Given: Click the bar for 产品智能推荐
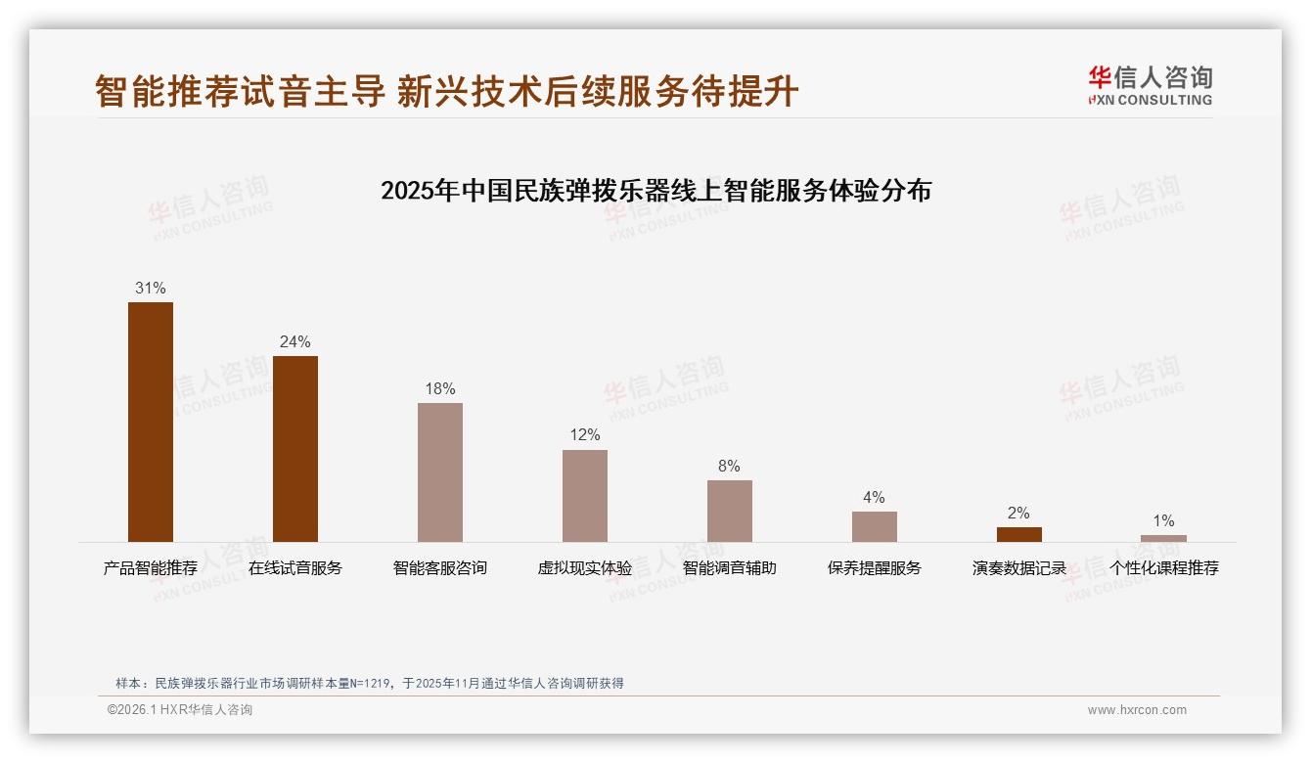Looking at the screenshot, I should click(151, 422).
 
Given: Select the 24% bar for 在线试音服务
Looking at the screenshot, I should click(295, 448).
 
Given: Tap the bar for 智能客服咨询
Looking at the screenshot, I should click(440, 471).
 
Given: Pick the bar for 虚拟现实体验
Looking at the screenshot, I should click(585, 495).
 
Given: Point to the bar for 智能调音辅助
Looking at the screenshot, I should click(730, 511).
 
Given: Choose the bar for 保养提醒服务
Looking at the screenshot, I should click(875, 526).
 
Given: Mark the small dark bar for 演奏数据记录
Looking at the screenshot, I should click(1019, 534).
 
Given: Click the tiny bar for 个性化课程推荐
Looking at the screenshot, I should click(1163, 538).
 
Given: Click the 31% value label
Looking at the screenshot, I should click(151, 289).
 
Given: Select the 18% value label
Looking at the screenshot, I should click(440, 389).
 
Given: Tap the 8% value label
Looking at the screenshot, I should click(730, 467).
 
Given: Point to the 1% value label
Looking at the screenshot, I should click(1163, 521).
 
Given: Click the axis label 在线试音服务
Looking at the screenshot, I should click(295, 568).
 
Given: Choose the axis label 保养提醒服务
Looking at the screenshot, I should click(875, 568).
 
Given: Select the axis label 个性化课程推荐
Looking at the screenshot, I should click(1163, 568).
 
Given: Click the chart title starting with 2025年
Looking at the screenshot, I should click(655, 190).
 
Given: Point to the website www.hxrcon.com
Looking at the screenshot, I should click(1137, 710).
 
